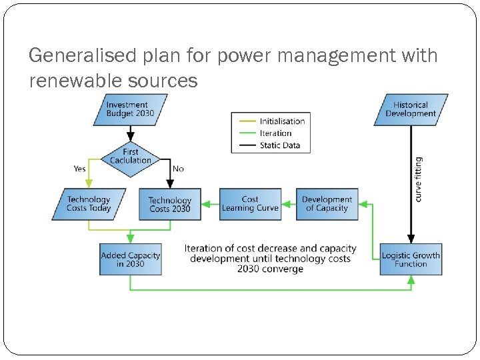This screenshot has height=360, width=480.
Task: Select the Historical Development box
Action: coord(411,109)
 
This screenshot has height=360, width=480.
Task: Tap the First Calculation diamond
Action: coord(130,157)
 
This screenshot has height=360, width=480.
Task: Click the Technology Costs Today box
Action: coord(88,204)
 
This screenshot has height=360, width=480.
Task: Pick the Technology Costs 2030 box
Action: coord(169,204)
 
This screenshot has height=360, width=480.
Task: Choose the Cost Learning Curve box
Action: coord(250,204)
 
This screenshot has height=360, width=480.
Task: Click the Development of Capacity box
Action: coord(327,204)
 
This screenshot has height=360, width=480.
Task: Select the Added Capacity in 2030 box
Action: coord(131,259)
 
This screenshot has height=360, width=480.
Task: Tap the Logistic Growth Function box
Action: coord(411,259)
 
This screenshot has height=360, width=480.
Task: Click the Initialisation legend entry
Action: coord(281,121)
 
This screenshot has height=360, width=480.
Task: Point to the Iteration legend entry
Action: coord(275,133)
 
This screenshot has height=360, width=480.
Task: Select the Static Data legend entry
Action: coord(279,145)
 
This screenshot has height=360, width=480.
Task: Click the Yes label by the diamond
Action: coord(79,169)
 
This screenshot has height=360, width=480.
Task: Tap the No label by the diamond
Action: coord(178,169)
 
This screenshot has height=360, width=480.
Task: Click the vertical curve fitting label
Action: coord(419,179)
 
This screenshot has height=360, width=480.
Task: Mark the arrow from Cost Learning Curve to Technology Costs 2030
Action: coord(210,204)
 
